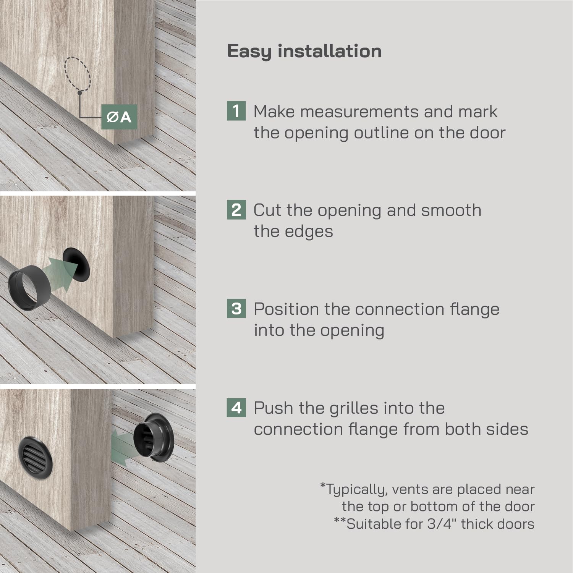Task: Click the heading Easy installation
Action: click(304, 52)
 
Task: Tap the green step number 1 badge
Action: click(236, 111)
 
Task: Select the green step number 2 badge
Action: click(236, 210)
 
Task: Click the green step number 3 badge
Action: click(236, 309)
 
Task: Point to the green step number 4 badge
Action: click(236, 408)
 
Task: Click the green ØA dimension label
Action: click(119, 117)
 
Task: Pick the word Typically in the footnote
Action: click(354, 490)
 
